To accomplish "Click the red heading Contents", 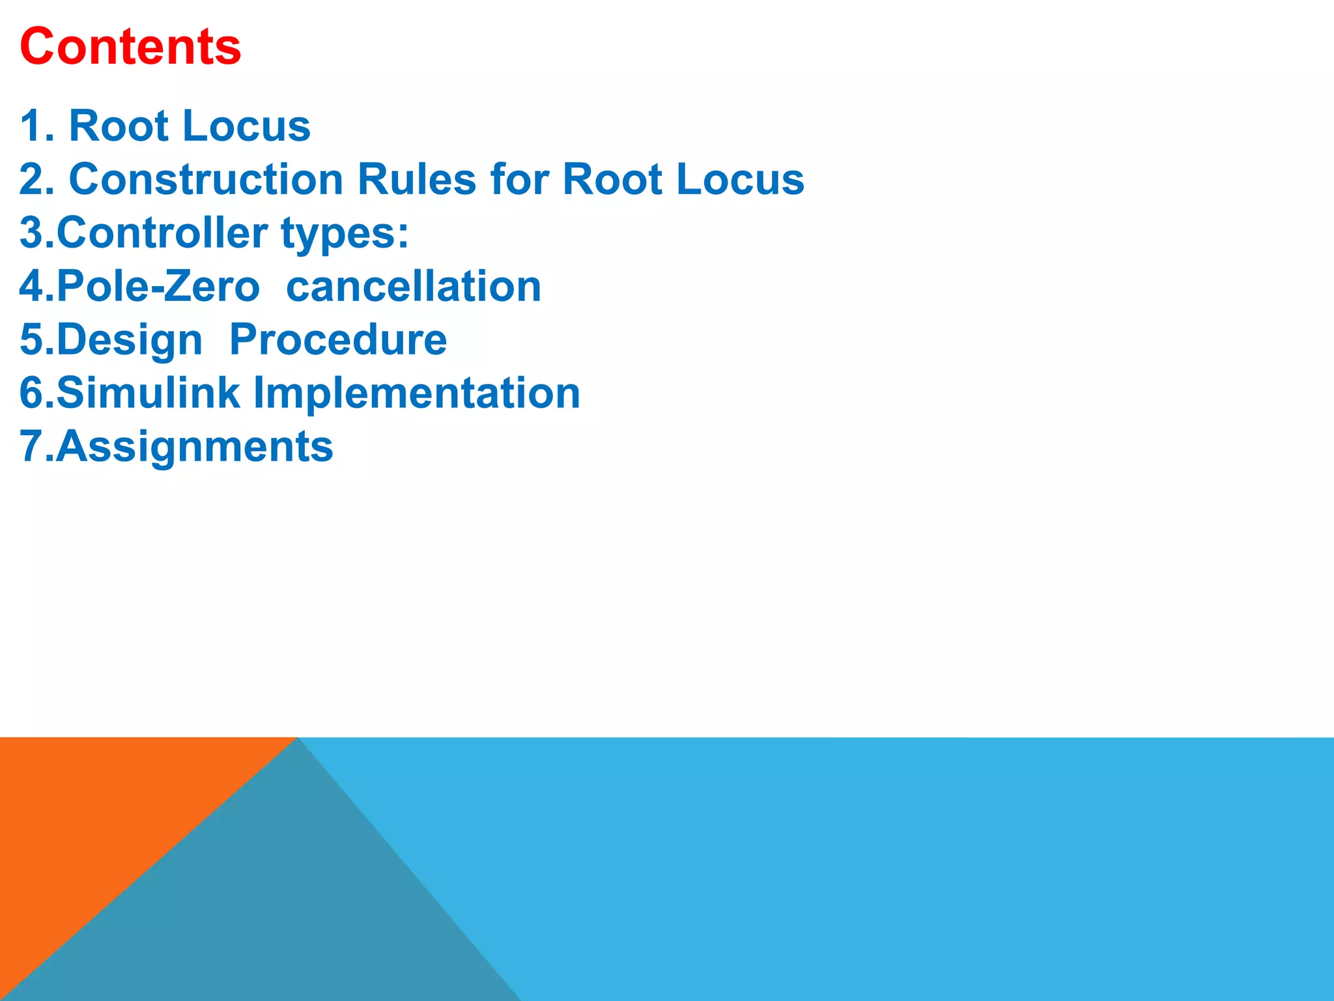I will pyautogui.click(x=130, y=47).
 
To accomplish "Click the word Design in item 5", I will pyautogui.click(x=130, y=340).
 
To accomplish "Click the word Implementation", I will pyautogui.click(x=416, y=394).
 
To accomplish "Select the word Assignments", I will pyautogui.click(x=194, y=447).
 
